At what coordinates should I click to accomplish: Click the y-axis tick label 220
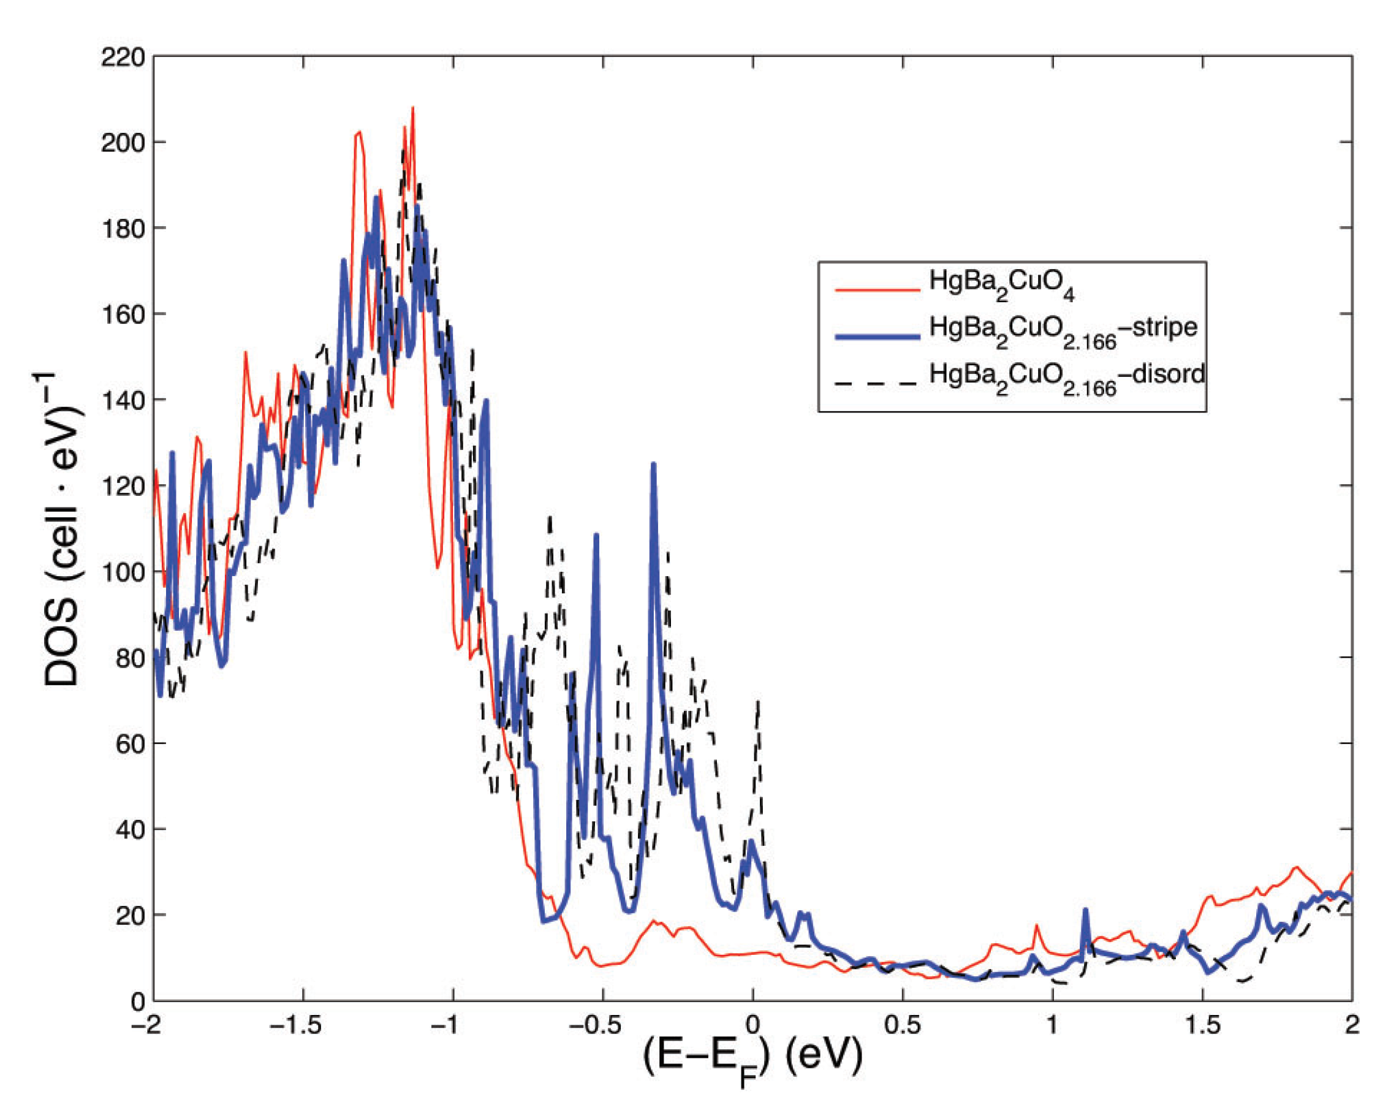(123, 58)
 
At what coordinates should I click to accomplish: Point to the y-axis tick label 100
(123, 572)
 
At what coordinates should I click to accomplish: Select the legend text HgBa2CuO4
(1001, 284)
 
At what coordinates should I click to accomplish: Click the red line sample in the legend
(877, 290)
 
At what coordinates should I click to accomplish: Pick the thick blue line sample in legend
(877, 336)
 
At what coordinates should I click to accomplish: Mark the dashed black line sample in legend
(877, 382)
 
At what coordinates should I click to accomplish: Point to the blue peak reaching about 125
(654, 465)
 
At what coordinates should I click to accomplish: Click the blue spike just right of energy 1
(1085, 911)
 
